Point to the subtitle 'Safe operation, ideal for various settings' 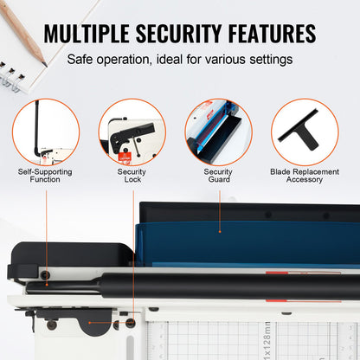pyautogui.click(x=180, y=60)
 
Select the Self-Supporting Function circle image pyautogui.click(x=45, y=132)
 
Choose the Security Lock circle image pyautogui.click(x=132, y=132)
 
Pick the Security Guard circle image pyautogui.click(x=218, y=132)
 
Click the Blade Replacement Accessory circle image pyautogui.click(x=305, y=132)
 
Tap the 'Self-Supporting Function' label pyautogui.click(x=45, y=175)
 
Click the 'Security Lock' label pyautogui.click(x=132, y=175)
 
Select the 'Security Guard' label pyautogui.click(x=218, y=175)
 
